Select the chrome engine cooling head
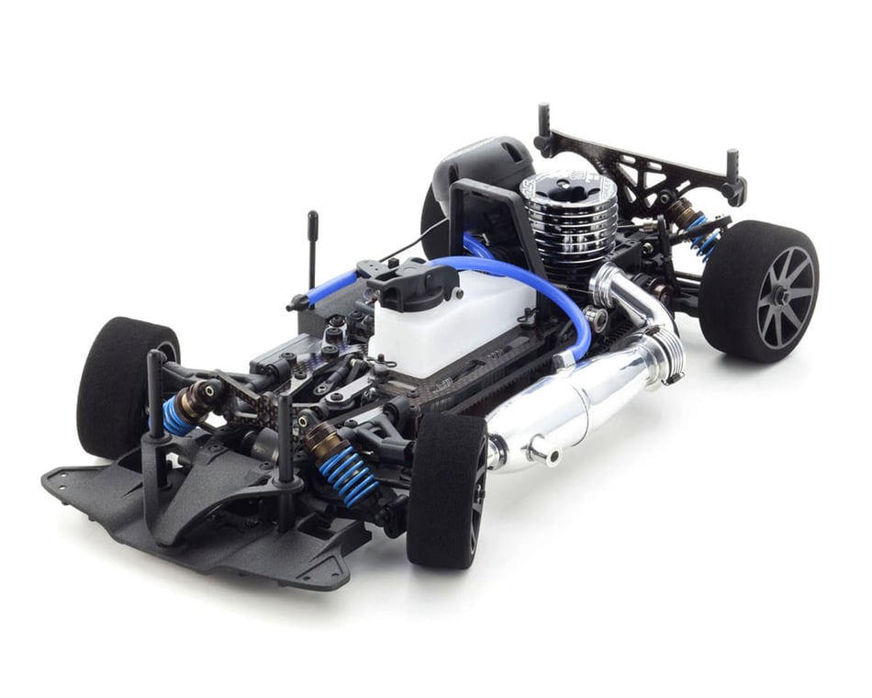pos(568,216)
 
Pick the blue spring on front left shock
pos(177,415)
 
